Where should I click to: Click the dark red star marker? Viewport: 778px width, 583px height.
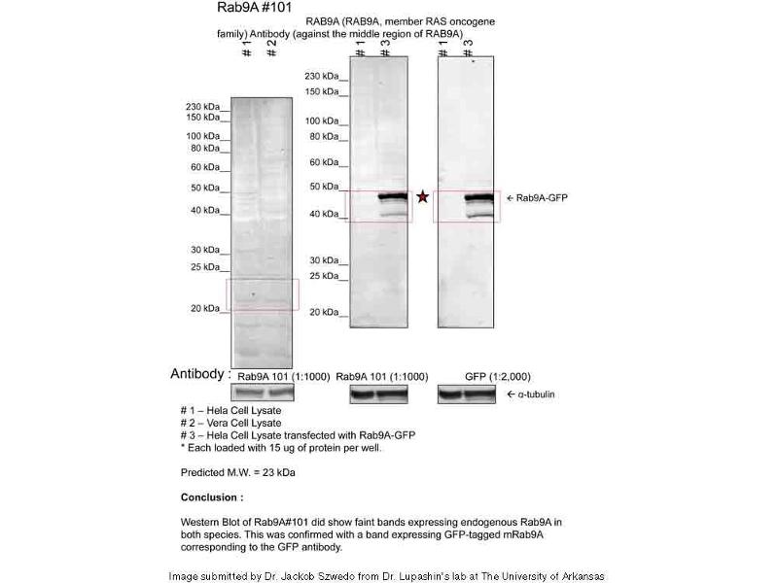(x=423, y=197)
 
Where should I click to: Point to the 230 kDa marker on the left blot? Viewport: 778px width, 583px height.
(x=205, y=107)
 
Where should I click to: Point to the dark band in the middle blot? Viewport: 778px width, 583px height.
(x=392, y=197)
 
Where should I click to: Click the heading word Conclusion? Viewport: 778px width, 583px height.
(x=211, y=497)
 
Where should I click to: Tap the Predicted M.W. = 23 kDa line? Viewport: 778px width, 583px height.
(x=238, y=473)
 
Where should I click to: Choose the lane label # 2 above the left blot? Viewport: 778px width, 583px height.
(x=271, y=50)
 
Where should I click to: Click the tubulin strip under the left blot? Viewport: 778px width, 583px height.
(x=262, y=394)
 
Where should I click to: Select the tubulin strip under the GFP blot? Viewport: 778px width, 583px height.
(x=466, y=394)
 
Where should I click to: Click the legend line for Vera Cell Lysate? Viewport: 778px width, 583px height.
(x=231, y=423)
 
